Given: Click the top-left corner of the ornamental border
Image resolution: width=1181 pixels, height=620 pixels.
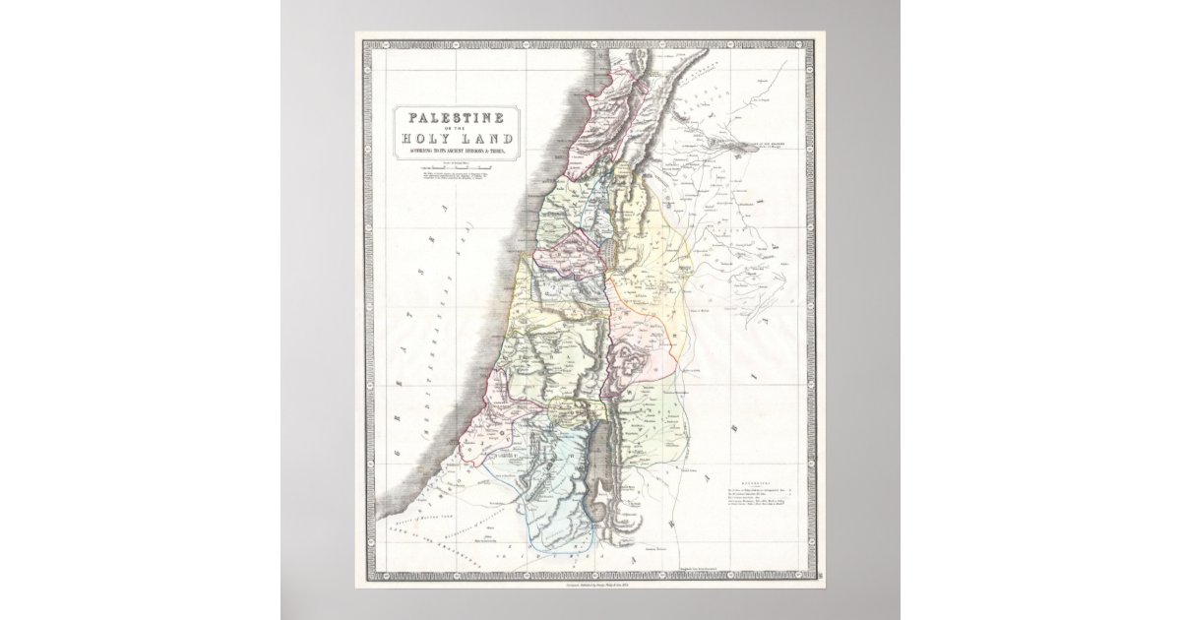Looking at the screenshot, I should coord(362,39).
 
